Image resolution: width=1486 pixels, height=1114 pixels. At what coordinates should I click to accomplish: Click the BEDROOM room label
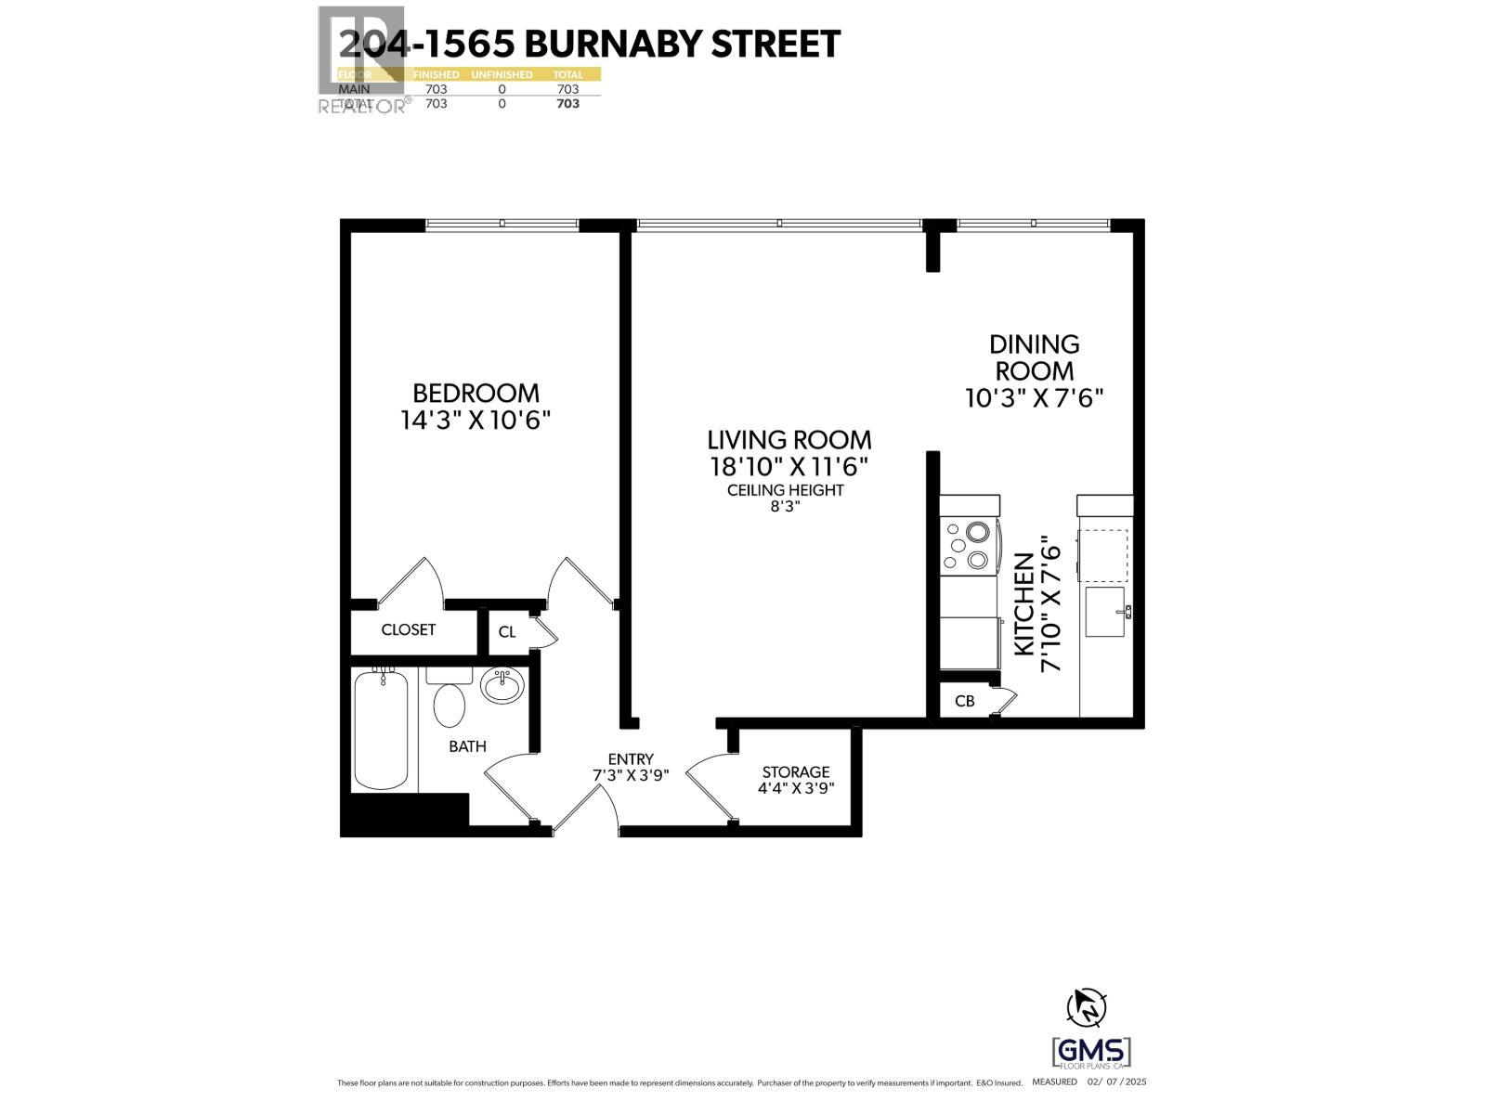coord(476,393)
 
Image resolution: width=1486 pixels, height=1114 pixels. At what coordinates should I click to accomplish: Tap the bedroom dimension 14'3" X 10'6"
coord(476,421)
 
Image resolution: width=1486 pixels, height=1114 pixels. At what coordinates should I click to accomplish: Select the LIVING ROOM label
coord(789,439)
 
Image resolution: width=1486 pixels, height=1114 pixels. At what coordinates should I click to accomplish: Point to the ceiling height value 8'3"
coord(785,507)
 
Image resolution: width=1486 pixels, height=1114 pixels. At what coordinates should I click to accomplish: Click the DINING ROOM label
coord(1034,357)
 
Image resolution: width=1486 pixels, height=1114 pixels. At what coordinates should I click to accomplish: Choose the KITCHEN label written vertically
coord(1023,604)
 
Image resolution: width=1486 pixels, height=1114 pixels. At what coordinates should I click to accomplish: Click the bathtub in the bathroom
coord(381,731)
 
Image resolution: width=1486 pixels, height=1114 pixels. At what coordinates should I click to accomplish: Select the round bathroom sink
coord(502,686)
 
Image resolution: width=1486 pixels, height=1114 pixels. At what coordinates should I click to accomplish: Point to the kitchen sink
coord(1105,612)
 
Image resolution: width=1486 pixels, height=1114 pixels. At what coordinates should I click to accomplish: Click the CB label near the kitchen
coord(965,701)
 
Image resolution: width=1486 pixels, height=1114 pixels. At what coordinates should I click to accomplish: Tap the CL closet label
coord(507,632)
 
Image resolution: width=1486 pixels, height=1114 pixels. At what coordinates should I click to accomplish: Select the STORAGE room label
coord(796,771)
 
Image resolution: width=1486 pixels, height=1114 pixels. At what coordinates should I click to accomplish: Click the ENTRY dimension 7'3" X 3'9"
coord(631,775)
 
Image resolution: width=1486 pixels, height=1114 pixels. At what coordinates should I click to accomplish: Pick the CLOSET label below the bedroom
coord(409,629)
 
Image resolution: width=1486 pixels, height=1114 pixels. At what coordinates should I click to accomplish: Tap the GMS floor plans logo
coord(1091,1053)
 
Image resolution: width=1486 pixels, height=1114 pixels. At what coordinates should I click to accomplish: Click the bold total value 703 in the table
coord(567,104)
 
